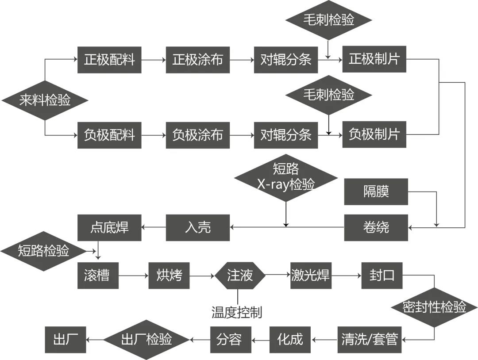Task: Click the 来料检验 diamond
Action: click(x=45, y=100)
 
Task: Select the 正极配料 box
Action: click(x=109, y=60)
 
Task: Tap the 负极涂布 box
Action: click(x=197, y=135)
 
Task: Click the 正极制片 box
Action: click(x=374, y=59)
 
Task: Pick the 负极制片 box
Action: click(x=374, y=134)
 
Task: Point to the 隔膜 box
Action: click(x=376, y=192)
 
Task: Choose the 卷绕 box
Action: click(x=376, y=227)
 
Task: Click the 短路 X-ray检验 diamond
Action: click(x=285, y=178)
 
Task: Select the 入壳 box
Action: click(x=197, y=227)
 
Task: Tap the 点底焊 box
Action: click(x=109, y=227)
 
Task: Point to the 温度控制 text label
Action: click(x=237, y=313)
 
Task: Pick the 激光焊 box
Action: click(x=310, y=276)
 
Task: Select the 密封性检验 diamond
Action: click(x=434, y=307)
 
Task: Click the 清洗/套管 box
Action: click(x=370, y=340)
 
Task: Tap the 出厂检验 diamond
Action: click(x=146, y=340)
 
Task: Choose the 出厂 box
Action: click(x=66, y=340)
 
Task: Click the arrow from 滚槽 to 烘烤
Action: click(x=133, y=276)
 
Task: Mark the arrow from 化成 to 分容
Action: click(x=260, y=340)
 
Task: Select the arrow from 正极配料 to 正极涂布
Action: click(x=153, y=60)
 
